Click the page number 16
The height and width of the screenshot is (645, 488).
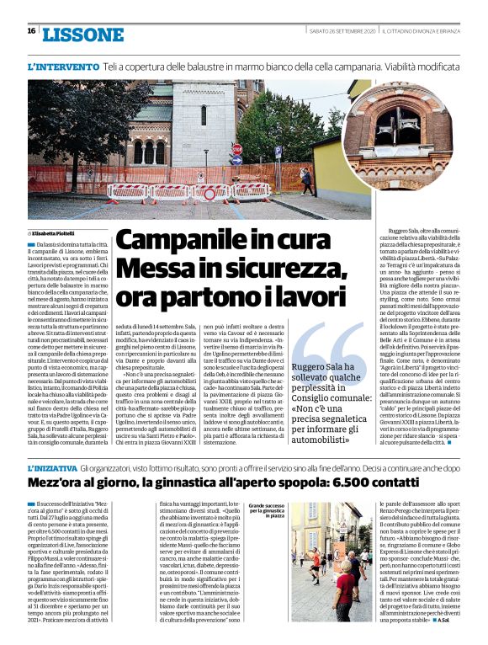[x=31, y=31]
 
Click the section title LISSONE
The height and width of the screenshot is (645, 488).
[x=82, y=34]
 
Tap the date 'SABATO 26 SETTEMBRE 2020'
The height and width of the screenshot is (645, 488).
[x=339, y=31]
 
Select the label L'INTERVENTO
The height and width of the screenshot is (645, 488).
[x=63, y=66]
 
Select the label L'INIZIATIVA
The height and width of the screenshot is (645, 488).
[x=62, y=468]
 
